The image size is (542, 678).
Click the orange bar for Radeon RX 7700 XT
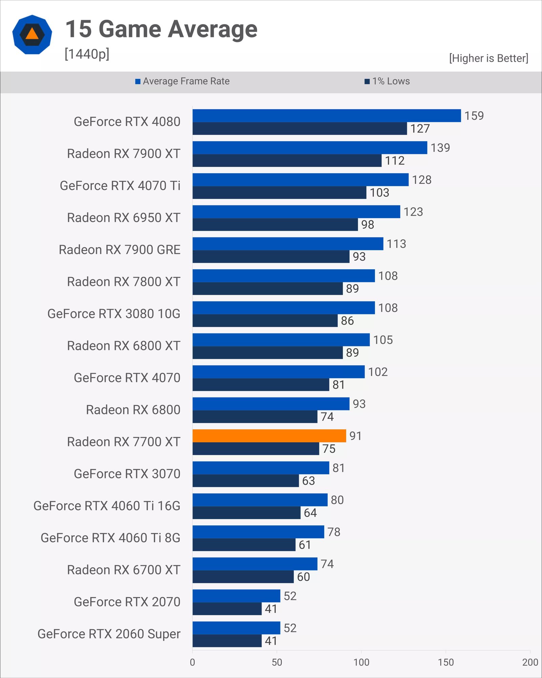point(269,436)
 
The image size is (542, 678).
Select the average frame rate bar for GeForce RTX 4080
point(327,116)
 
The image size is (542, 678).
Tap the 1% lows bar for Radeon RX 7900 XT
point(287,161)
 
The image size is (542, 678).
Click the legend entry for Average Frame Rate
point(183,81)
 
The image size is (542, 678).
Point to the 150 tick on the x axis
point(445,662)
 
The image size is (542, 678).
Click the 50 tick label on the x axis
point(277,662)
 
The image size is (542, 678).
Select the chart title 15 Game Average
point(161,29)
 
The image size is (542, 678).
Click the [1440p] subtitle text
point(87,54)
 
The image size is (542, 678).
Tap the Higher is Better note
point(488,58)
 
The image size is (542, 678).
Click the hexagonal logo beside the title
point(32,35)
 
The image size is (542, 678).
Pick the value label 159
point(474,116)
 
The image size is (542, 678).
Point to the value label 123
point(413,212)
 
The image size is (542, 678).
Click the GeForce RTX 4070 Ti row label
point(120,186)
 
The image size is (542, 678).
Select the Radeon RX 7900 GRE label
point(119,250)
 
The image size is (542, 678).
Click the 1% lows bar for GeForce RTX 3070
point(246,481)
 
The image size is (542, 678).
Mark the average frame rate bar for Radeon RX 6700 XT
point(255,564)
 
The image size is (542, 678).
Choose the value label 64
point(310,513)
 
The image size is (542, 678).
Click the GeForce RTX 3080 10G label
point(114,314)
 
